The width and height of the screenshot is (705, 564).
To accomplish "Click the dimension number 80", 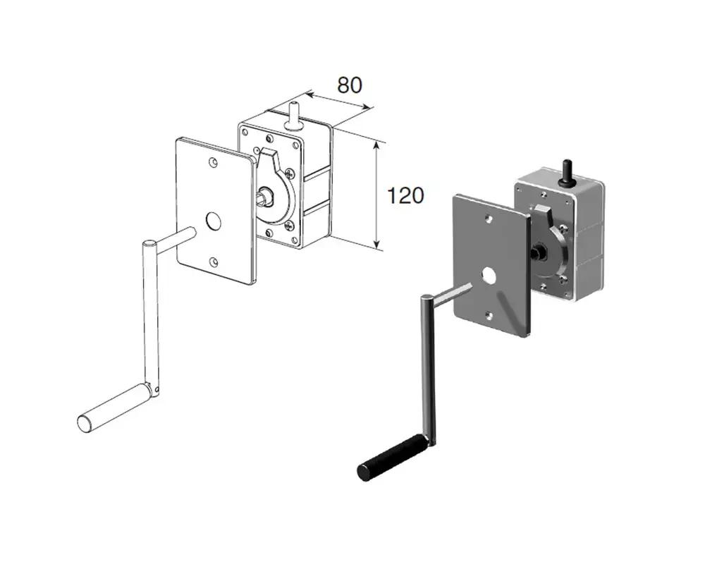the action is [350, 85].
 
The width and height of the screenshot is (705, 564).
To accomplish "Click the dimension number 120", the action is [405, 196].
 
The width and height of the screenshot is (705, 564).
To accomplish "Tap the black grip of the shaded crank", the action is [392, 458].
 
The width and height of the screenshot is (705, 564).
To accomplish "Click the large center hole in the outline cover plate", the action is [214, 221].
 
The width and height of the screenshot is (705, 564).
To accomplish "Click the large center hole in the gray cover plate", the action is [489, 275].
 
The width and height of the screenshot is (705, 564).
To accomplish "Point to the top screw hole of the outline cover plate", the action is [213, 162].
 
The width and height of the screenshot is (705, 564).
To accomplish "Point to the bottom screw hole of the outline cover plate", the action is [214, 262].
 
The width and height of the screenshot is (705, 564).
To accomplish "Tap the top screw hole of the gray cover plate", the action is [489, 219].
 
